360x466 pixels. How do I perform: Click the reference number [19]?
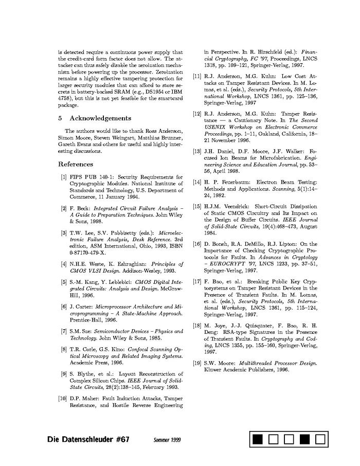tap(197, 363)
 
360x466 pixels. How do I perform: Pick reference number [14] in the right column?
tap(197, 182)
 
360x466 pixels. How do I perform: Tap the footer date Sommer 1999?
tap(167, 440)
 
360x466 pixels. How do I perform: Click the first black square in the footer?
tap(258, 439)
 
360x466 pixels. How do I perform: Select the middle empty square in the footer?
tap(289, 439)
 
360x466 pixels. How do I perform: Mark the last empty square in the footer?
tap(320, 439)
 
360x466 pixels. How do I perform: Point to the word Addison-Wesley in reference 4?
tap(137, 271)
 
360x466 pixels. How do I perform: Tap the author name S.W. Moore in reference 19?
tap(218, 363)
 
